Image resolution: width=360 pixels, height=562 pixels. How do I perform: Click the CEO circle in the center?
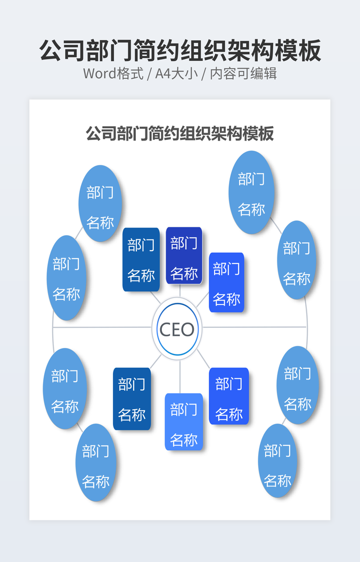tap(177, 329)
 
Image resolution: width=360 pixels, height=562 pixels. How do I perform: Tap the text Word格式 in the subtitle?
tap(113, 73)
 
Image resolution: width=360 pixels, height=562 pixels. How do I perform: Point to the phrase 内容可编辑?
tap(243, 73)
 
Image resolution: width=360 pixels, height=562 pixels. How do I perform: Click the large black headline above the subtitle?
tap(180, 51)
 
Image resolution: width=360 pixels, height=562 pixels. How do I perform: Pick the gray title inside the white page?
tap(180, 133)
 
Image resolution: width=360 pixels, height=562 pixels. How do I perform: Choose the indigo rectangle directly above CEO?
tap(184, 255)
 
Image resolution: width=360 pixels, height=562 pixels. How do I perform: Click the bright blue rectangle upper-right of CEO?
tap(226, 282)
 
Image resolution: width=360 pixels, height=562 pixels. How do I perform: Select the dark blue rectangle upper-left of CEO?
tap(141, 259)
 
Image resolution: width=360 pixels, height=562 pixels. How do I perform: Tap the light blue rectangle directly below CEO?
tap(184, 421)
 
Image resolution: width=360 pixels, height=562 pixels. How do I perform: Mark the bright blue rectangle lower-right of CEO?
tap(229, 396)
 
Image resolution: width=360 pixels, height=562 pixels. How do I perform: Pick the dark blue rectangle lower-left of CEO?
tap(132, 399)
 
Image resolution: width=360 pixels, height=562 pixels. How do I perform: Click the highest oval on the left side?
tap(100, 203)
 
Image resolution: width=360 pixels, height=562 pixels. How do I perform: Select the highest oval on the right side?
tap(251, 192)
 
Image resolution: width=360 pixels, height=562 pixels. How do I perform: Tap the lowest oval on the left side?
tap(95, 462)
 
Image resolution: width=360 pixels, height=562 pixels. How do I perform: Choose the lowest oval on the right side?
tap(277, 461)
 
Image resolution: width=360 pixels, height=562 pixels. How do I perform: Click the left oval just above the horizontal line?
tap(67, 277)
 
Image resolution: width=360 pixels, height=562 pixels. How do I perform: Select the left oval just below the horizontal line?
tap(65, 389)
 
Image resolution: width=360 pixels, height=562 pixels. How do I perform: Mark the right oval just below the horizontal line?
tap(298, 385)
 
